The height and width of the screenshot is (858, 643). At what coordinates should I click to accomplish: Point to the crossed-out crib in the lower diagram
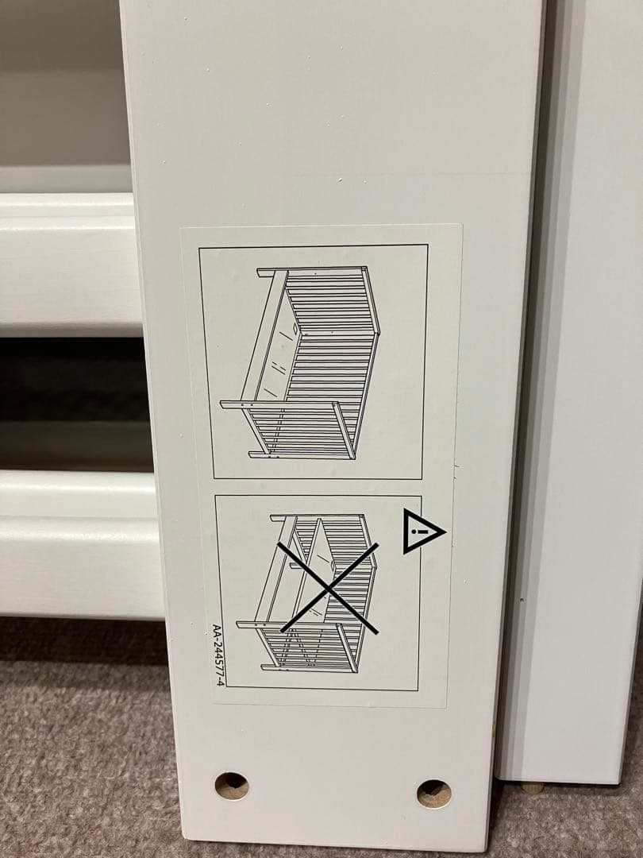coord(318,592)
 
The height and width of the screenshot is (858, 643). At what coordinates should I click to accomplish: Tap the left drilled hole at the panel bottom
coord(232,786)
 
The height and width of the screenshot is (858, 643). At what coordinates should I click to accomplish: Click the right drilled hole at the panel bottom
coord(434,793)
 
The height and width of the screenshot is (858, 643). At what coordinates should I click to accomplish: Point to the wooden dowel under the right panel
coord(532,787)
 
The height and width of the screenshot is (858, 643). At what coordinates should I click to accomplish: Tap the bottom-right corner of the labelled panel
coord(484,848)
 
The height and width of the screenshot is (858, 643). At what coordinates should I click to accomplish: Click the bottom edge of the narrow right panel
coord(556,780)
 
